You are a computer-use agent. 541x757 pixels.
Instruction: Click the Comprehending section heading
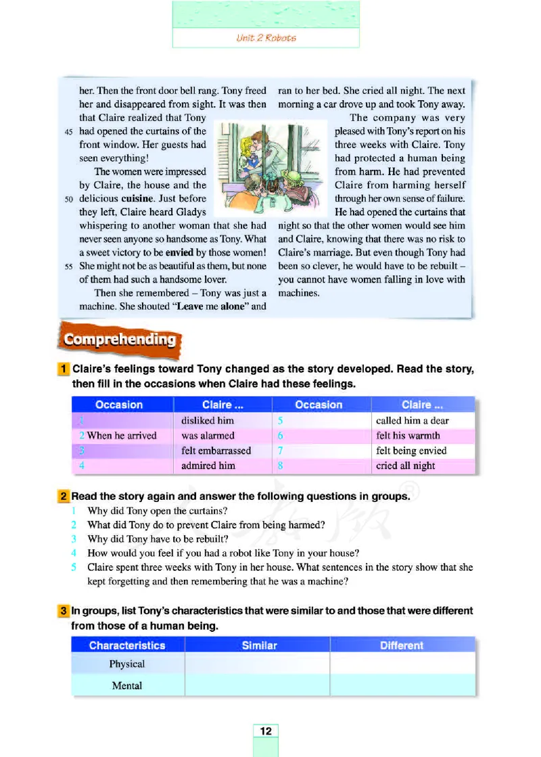[x=120, y=340]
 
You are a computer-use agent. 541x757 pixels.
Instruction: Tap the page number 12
[x=266, y=731]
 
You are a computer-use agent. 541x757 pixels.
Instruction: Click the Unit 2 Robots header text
[x=266, y=38]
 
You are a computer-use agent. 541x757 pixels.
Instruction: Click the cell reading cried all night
[x=406, y=465]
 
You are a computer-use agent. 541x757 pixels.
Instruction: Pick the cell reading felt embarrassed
[x=216, y=451]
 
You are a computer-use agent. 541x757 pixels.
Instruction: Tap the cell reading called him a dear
[x=412, y=421]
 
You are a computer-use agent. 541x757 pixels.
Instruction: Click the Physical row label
[x=127, y=664]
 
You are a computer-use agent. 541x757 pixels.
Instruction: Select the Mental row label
[x=127, y=685]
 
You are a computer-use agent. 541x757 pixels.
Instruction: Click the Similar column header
[x=259, y=645]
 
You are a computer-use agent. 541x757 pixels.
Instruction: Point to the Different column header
[x=402, y=645]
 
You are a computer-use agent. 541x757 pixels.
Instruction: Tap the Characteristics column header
[x=127, y=645]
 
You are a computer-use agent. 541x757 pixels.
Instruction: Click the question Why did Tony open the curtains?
[x=157, y=510]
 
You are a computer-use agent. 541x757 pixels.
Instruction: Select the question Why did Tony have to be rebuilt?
[x=158, y=538]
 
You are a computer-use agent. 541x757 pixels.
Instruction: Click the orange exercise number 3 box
[x=63, y=611]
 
